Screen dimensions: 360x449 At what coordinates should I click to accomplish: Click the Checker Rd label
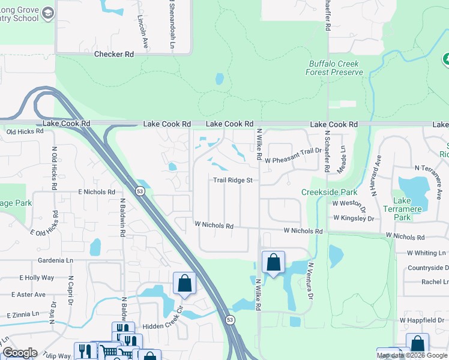114,54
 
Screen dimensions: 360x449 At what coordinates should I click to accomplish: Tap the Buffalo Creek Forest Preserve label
336,68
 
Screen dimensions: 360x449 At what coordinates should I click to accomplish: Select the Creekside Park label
329,193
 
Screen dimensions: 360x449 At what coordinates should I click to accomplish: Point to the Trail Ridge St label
233,180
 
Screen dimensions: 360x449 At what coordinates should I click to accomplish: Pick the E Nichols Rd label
96,192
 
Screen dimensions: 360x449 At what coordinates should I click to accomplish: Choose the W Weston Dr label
349,205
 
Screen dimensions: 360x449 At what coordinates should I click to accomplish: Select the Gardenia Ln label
55,261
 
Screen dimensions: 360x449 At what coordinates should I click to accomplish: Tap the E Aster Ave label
28,295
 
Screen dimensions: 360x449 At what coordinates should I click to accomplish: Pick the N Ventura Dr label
311,280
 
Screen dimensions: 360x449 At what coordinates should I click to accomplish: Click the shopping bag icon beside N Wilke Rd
273,262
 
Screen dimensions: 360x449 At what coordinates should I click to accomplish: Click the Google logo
20,353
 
